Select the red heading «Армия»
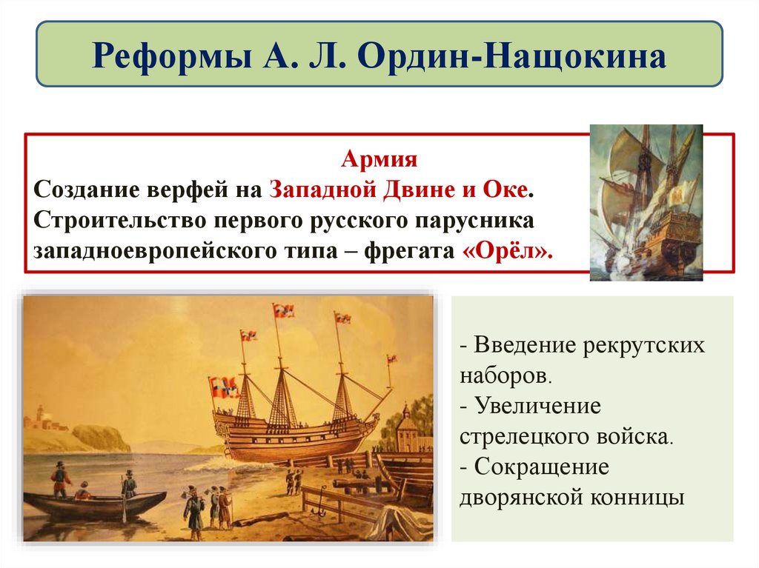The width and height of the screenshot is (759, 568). [379, 159]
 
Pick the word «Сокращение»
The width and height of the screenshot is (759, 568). [541, 467]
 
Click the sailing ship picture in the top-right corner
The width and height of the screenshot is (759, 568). [646, 201]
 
